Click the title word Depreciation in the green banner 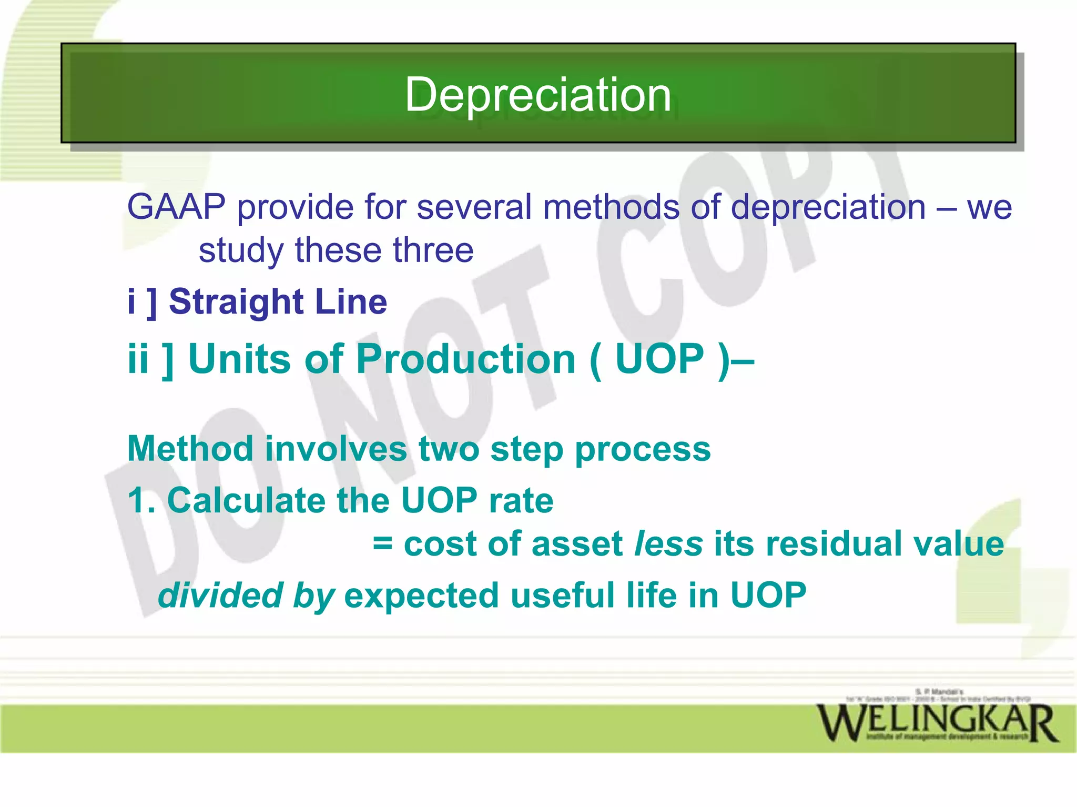pyautogui.click(x=537, y=95)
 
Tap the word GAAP pyautogui.click(x=176, y=207)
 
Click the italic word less pyautogui.click(x=668, y=543)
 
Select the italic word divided pyautogui.click(x=221, y=595)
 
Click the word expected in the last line pyautogui.click(x=421, y=596)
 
